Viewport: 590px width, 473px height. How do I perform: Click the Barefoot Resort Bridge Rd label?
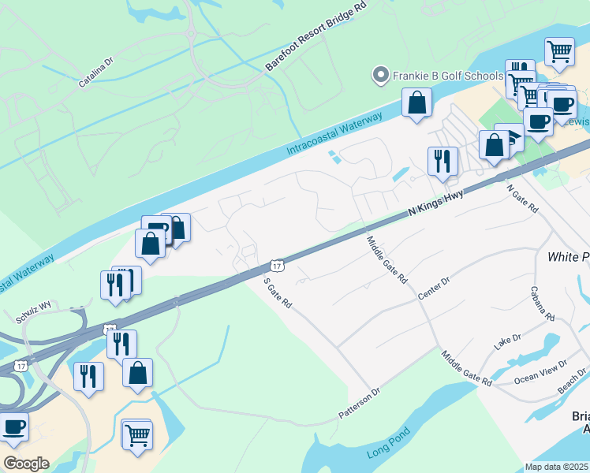click(316, 37)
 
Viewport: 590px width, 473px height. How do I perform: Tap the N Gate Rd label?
click(522, 199)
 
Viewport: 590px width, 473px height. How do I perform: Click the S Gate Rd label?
click(278, 291)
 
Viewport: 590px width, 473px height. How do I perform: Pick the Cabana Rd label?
click(542, 303)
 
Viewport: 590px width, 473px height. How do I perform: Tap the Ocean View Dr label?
click(540, 370)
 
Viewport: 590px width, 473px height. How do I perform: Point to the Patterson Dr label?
click(360, 402)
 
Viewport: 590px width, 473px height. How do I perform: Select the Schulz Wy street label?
click(34, 305)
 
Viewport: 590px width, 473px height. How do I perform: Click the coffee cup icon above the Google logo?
click(13, 426)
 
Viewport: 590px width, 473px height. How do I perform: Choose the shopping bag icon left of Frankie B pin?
click(416, 102)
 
